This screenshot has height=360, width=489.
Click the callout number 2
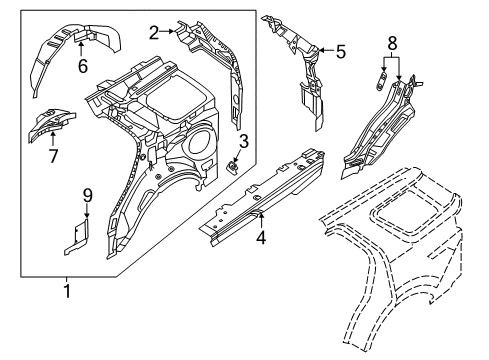pos(153,32)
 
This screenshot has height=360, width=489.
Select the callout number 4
pos(260,238)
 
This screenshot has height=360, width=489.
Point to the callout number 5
pos(340,49)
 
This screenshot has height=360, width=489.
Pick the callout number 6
pos(82,66)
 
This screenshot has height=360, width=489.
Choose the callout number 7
pos(53,157)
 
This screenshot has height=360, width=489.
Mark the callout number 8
pos(392,42)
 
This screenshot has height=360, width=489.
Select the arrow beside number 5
pos(325,49)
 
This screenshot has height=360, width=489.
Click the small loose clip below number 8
pos(381,76)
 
